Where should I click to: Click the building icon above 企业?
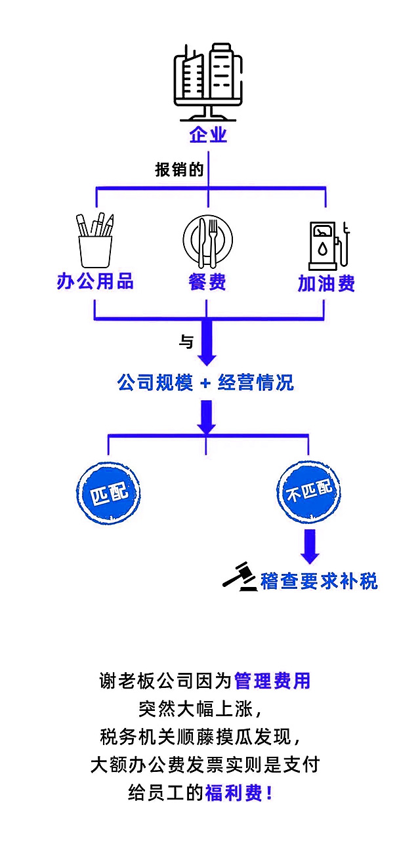208,82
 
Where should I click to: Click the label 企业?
208,134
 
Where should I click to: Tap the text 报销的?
179,170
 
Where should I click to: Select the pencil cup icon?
95,241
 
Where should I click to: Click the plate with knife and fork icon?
207,241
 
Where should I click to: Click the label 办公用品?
95,281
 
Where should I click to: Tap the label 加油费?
326,283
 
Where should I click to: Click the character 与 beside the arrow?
186,342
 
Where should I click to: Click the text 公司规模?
155,382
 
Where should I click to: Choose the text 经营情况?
256,382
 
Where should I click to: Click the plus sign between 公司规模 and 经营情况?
205,383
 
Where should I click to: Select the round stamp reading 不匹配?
309,492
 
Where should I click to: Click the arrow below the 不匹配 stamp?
310,546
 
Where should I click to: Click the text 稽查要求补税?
319,581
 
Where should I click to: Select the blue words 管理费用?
272,681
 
